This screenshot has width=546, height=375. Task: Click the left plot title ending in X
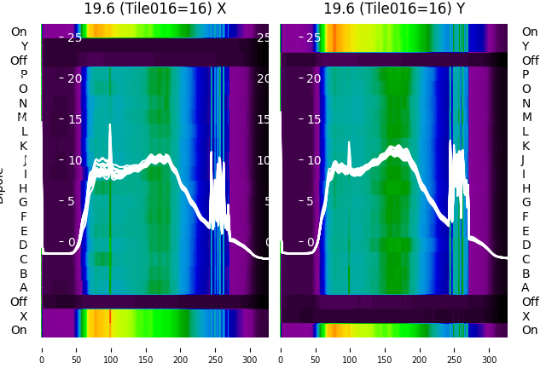click(155, 9)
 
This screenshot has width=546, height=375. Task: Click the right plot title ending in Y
click(394, 9)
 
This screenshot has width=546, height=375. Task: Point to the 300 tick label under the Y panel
click(490, 349)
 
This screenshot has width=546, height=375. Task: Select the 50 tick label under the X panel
click(76, 349)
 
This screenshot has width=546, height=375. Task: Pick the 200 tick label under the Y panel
click(420, 349)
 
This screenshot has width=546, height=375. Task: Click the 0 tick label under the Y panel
click(281, 349)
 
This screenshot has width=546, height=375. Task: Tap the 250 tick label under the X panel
click(216, 349)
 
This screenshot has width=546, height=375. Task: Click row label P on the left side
click(24, 75)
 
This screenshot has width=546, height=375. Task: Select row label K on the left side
click(24, 146)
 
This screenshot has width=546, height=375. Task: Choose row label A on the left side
click(24, 288)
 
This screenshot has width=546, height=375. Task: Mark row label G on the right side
click(526, 203)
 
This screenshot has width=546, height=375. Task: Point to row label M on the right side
click(526, 118)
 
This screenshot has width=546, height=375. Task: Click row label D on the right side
click(526, 245)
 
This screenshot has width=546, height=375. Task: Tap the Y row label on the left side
click(24, 46)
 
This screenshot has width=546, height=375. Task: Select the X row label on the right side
click(526, 316)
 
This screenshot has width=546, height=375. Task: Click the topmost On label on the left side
click(19, 32)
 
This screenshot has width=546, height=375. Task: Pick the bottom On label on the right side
click(530, 331)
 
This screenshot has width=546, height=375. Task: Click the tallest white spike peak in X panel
click(110, 125)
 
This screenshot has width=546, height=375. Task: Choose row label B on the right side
click(526, 274)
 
